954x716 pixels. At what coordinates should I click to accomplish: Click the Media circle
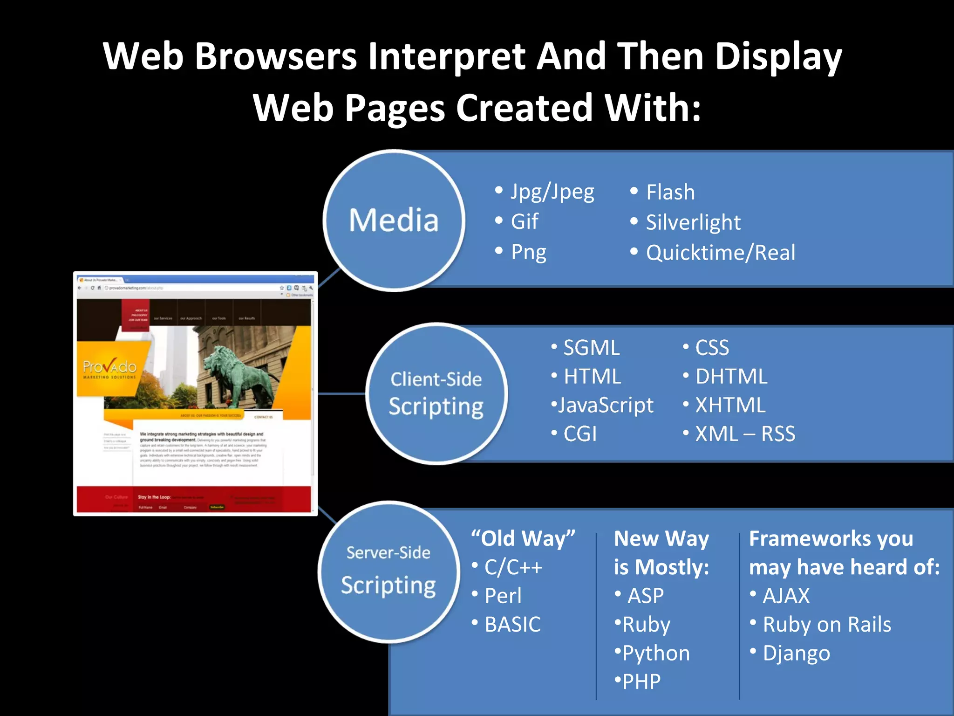(x=394, y=220)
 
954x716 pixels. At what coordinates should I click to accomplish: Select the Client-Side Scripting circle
(x=436, y=394)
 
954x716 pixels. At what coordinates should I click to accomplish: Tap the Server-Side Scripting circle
(x=388, y=572)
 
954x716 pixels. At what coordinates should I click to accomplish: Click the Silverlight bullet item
(x=692, y=222)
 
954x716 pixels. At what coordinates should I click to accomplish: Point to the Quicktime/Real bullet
(x=720, y=253)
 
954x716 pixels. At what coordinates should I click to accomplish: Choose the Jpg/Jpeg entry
(x=552, y=192)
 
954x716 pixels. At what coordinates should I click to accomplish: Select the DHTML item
(x=730, y=377)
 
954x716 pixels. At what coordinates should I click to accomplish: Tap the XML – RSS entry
(x=744, y=434)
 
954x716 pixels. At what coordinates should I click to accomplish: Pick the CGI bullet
(x=579, y=434)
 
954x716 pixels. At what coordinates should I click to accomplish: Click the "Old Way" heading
(x=523, y=538)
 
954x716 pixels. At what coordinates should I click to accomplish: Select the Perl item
(x=503, y=596)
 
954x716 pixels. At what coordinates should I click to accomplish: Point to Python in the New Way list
(x=655, y=653)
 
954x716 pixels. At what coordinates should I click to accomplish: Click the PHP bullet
(x=641, y=682)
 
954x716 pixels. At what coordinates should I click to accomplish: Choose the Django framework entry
(x=796, y=653)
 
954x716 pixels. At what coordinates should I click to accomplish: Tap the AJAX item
(x=785, y=596)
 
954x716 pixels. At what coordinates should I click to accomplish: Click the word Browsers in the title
(x=275, y=56)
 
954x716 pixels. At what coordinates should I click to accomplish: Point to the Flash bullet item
(x=670, y=192)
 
